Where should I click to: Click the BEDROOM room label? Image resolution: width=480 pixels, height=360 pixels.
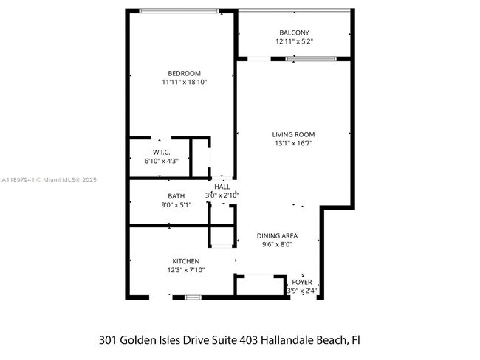tap(184, 72)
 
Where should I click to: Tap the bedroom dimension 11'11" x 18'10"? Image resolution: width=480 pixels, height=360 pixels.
tap(184, 82)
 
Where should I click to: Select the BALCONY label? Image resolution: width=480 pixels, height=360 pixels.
tap(294, 32)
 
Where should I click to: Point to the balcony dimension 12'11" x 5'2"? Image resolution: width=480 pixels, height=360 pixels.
tap(294, 41)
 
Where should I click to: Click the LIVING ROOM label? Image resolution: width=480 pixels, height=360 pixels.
tap(293, 134)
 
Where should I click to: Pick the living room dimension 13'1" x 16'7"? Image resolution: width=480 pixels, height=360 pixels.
tap(293, 144)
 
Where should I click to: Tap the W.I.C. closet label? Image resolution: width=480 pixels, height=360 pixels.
tap(162, 152)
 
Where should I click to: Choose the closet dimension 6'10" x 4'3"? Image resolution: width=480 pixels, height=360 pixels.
tap(162, 161)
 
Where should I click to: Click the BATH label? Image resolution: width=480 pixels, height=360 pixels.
tap(176, 195)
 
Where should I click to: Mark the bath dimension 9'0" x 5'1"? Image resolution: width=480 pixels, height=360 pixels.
tap(176, 205)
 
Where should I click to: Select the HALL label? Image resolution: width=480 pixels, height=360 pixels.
tap(222, 187)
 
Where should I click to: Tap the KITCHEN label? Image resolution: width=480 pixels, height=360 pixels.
tap(185, 261)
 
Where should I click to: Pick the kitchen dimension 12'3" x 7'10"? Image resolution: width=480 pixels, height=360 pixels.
tap(185, 271)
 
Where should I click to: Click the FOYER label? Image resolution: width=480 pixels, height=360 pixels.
tap(301, 282)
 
